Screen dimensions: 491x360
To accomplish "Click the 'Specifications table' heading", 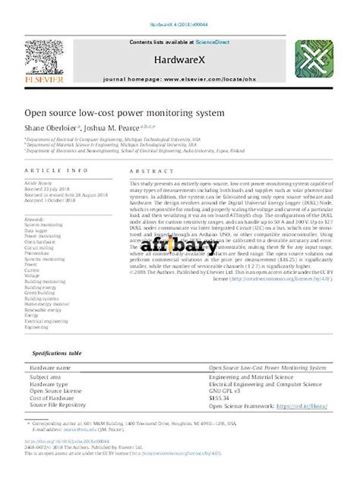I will click(63, 354).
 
